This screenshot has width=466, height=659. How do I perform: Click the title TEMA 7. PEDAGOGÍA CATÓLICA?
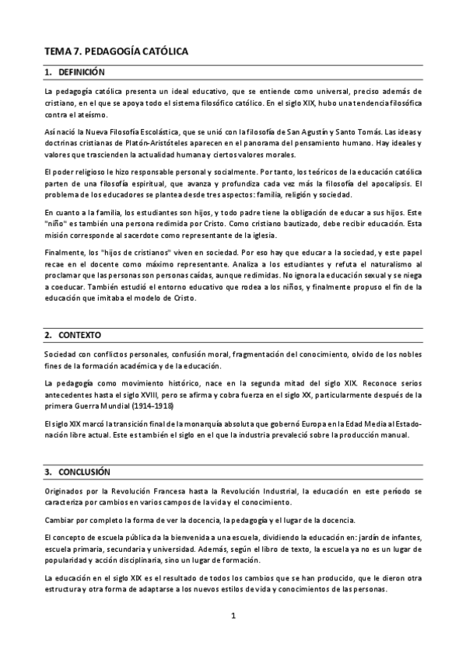[117, 51]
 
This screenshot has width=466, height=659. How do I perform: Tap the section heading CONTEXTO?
[79, 335]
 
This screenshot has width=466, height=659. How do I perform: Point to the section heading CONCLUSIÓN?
[84, 472]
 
